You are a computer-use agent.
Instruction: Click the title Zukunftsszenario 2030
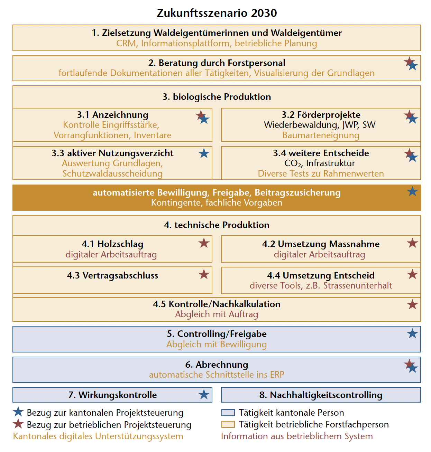tap(217, 13)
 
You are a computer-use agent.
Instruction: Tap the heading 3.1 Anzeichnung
tap(112, 115)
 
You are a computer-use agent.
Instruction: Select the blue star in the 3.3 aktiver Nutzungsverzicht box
tap(204, 153)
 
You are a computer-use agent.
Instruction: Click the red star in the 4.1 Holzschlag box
tap(204, 243)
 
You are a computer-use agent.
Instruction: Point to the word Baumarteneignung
tap(321, 135)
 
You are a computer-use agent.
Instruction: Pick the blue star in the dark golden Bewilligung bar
tap(412, 191)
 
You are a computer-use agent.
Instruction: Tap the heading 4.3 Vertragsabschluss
tap(112, 275)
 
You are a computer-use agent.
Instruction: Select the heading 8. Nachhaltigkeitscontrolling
tap(321, 395)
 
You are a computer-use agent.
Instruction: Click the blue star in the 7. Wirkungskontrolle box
tap(204, 394)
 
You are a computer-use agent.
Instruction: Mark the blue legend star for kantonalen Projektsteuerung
tap(18, 412)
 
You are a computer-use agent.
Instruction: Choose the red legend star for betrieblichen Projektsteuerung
tap(18, 424)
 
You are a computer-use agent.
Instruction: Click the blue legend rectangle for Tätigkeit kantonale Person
tap(228, 413)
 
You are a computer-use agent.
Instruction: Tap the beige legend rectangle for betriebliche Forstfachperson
tap(228, 424)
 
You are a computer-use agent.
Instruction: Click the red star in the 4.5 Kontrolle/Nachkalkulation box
tap(412, 304)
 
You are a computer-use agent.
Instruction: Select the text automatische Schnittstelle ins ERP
tap(217, 375)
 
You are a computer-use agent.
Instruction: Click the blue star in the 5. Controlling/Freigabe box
tap(412, 333)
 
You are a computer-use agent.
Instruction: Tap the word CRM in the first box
tap(126, 44)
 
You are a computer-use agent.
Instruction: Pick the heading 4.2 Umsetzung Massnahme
tap(321, 244)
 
